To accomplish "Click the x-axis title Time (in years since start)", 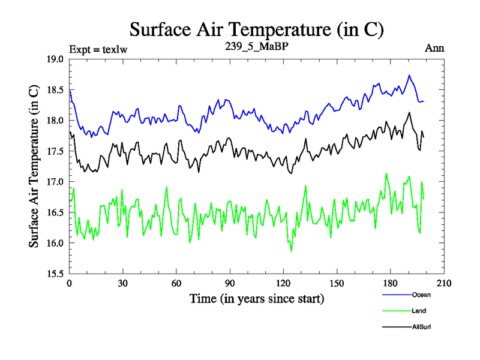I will click(257, 298).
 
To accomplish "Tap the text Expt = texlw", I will click(98, 49).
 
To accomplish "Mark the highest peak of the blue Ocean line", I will click(409, 75).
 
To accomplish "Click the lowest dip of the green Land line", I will click(292, 251).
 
